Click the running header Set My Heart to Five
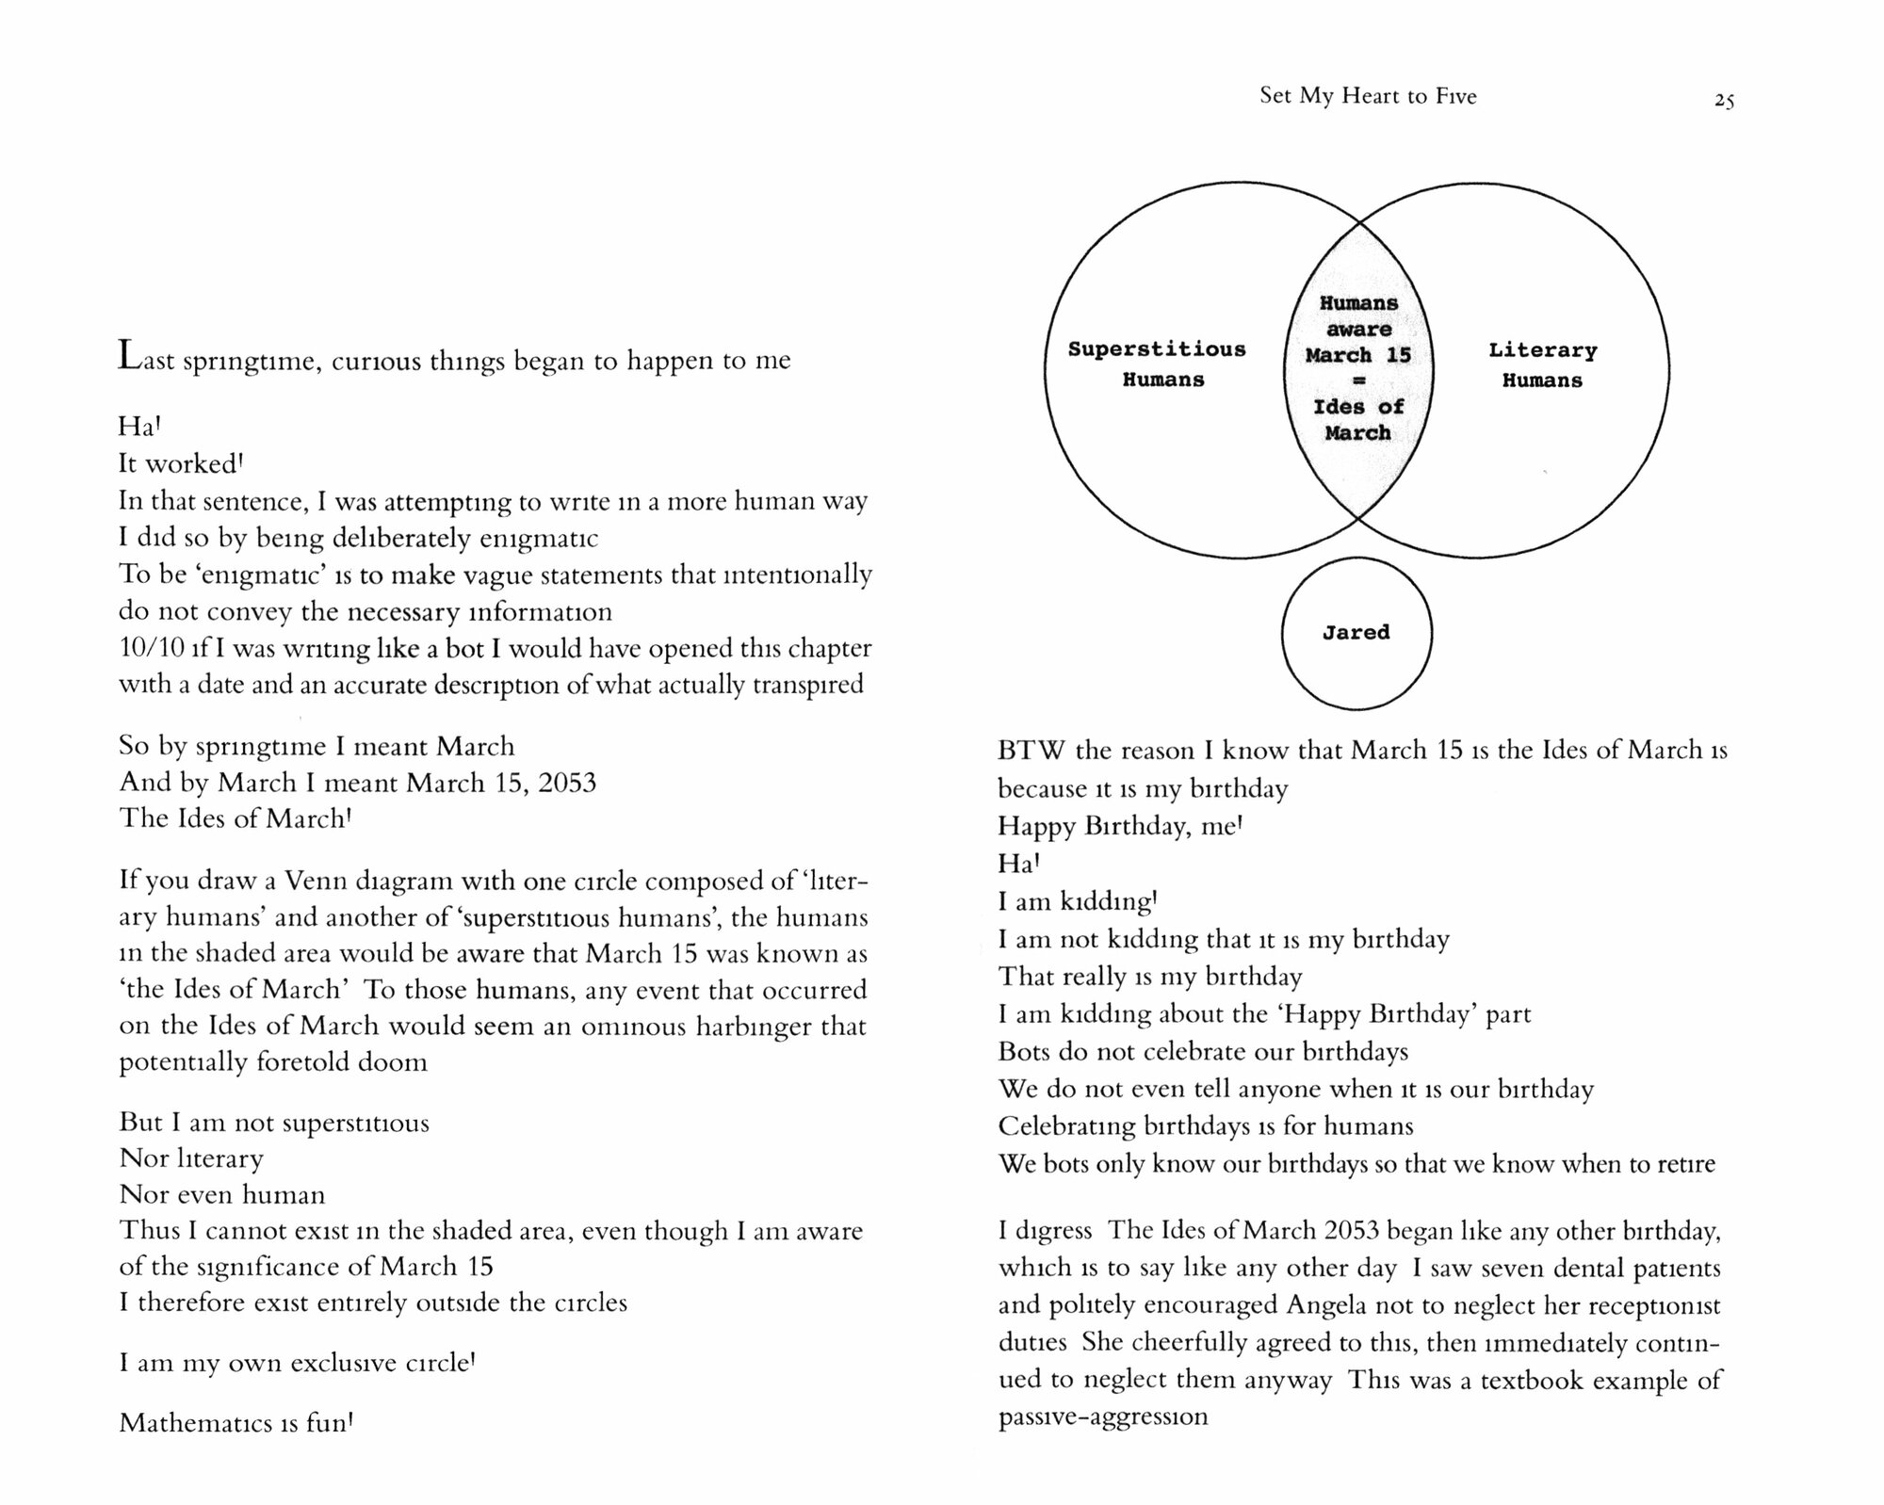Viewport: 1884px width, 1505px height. (1368, 96)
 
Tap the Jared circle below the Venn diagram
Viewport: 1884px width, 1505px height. (1356, 633)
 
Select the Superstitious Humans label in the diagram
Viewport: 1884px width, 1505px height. (1157, 364)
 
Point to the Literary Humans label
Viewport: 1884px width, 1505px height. (1542, 365)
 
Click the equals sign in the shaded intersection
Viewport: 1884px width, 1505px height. (1358, 381)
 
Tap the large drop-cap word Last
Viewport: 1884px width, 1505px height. (146, 359)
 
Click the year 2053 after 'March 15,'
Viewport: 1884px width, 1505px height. (567, 783)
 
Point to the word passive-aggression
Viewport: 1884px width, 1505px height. (1102, 1416)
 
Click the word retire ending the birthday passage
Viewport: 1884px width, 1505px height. (1684, 1164)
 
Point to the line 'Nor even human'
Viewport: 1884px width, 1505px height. (222, 1194)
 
